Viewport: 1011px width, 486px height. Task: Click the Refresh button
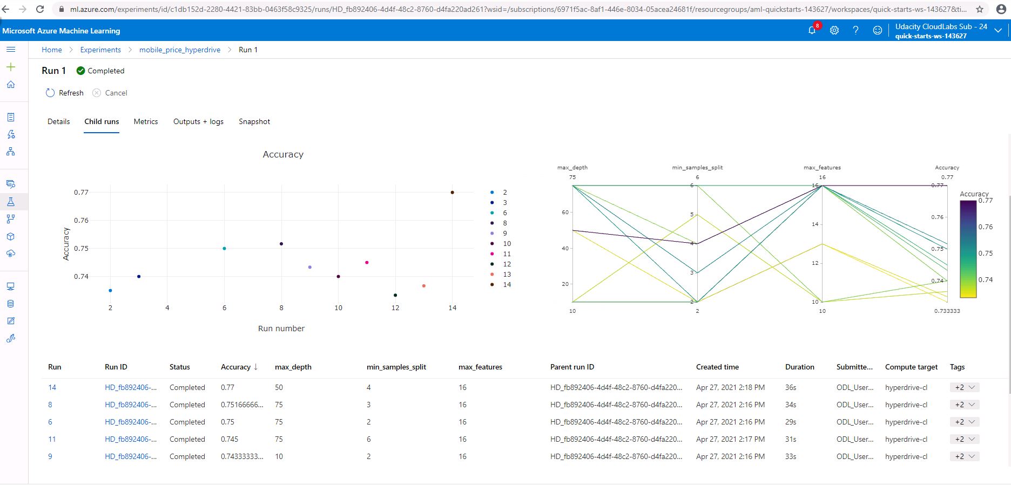[x=65, y=93]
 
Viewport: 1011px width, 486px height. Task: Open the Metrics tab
[x=146, y=121]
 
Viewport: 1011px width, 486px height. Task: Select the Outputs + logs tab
[x=198, y=121]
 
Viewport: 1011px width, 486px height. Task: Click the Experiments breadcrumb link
[x=100, y=50]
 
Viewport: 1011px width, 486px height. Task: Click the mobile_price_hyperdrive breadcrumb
[x=180, y=50]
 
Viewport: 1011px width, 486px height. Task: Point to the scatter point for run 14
[x=452, y=192]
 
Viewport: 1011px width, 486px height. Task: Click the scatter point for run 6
[x=224, y=248]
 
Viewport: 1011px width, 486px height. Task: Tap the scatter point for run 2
[x=110, y=290]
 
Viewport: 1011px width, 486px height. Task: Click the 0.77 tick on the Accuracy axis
[x=81, y=192]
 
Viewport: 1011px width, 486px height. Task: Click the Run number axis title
[x=281, y=328]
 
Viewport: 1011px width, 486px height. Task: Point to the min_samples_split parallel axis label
[x=697, y=167]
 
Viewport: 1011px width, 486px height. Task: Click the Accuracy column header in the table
[x=236, y=367]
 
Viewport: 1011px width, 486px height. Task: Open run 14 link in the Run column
[x=52, y=387]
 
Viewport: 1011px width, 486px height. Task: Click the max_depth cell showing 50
[x=279, y=387]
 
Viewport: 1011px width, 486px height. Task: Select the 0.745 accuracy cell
[x=230, y=439]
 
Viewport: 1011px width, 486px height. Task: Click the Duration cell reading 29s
[x=791, y=422]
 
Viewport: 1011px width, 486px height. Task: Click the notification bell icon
[x=812, y=30]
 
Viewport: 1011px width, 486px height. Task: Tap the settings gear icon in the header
[x=834, y=30]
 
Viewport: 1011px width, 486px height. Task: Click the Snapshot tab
[x=254, y=121]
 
